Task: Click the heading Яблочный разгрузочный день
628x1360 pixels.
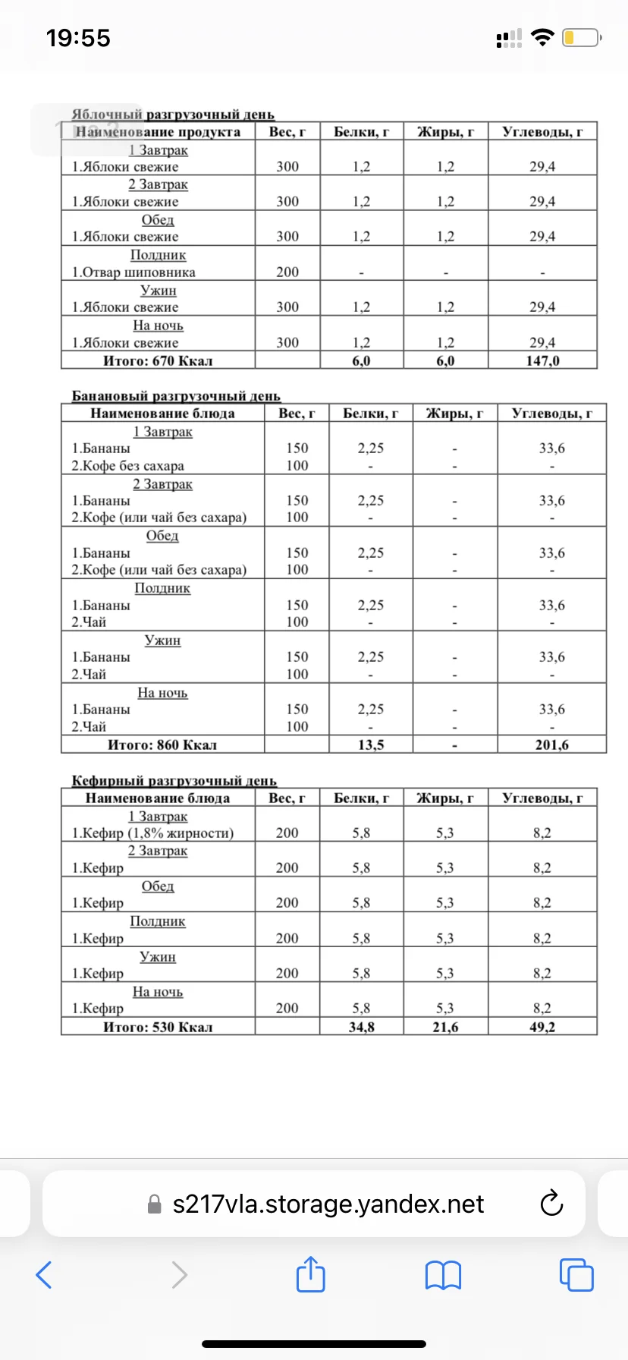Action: [173, 115]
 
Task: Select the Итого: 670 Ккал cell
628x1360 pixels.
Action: [158, 361]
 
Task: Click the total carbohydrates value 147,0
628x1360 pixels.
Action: [542, 361]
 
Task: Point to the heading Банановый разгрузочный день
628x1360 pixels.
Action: [176, 396]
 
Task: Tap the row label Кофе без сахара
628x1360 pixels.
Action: [127, 466]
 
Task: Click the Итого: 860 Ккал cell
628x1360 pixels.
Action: [162, 745]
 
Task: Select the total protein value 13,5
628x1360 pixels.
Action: [371, 745]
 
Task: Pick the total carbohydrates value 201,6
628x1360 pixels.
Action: [551, 745]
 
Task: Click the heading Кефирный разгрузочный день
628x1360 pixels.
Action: [174, 781]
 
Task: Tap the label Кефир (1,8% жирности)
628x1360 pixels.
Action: [152, 833]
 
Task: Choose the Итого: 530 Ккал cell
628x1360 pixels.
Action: [158, 1028]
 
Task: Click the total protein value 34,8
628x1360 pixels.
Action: [361, 1028]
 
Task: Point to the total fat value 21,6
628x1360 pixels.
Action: [445, 1028]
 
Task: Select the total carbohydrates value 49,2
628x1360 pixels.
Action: [542, 1028]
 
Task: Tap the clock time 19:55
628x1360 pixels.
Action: [78, 38]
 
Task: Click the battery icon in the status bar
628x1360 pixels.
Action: [581, 38]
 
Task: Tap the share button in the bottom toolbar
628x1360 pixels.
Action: [310, 1274]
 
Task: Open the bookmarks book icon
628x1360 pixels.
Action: [443, 1275]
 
